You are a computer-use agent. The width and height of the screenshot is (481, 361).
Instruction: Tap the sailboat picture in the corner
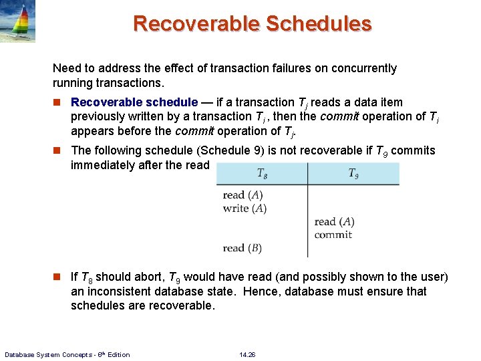(18, 21)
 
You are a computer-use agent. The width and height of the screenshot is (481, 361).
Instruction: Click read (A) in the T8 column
(243, 195)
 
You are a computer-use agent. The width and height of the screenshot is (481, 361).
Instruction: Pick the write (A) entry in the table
(245, 209)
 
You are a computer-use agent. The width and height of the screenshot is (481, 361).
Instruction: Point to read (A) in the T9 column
(334, 221)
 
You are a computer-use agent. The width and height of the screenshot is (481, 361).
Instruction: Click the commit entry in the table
(333, 235)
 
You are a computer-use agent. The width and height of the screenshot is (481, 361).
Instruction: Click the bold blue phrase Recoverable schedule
(134, 102)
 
